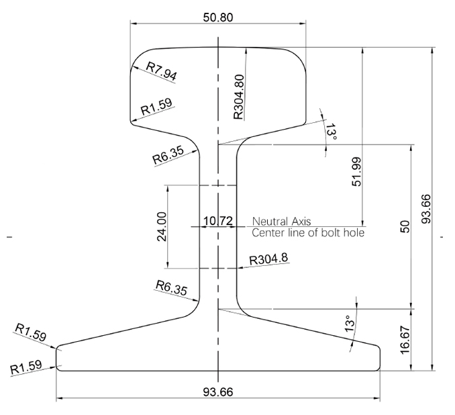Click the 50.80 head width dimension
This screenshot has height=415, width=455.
[x=218, y=17]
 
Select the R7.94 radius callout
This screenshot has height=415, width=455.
[x=162, y=71]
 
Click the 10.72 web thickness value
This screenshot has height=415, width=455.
[x=217, y=221]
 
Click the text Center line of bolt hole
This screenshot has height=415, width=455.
[x=308, y=233]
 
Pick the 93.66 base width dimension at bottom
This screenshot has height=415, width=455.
[x=217, y=392]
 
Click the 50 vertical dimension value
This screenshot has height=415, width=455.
[x=404, y=227]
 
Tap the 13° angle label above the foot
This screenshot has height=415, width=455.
[x=348, y=326]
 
